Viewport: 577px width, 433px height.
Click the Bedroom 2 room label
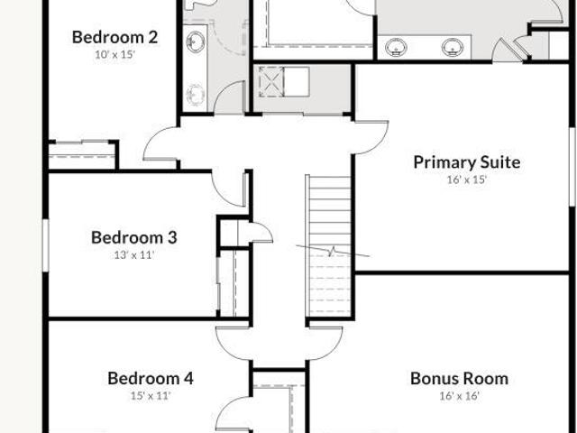114,37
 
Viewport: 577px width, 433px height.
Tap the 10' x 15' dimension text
115,55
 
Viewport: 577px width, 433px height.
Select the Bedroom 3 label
134,237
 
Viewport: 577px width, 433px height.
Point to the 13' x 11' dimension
134,254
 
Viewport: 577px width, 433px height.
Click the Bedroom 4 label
151,379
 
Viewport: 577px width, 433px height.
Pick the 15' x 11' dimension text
151,396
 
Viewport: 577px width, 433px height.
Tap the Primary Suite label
467,162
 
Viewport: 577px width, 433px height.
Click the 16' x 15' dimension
467,180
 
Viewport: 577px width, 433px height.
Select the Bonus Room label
459,379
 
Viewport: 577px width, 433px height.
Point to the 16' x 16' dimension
459,396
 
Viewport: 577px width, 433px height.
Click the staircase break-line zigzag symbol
333,251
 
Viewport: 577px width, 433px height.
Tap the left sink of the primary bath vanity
396,48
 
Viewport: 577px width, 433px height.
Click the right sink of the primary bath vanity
453,48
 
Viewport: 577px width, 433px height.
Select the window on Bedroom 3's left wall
46,245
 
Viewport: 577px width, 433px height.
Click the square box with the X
270,82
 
